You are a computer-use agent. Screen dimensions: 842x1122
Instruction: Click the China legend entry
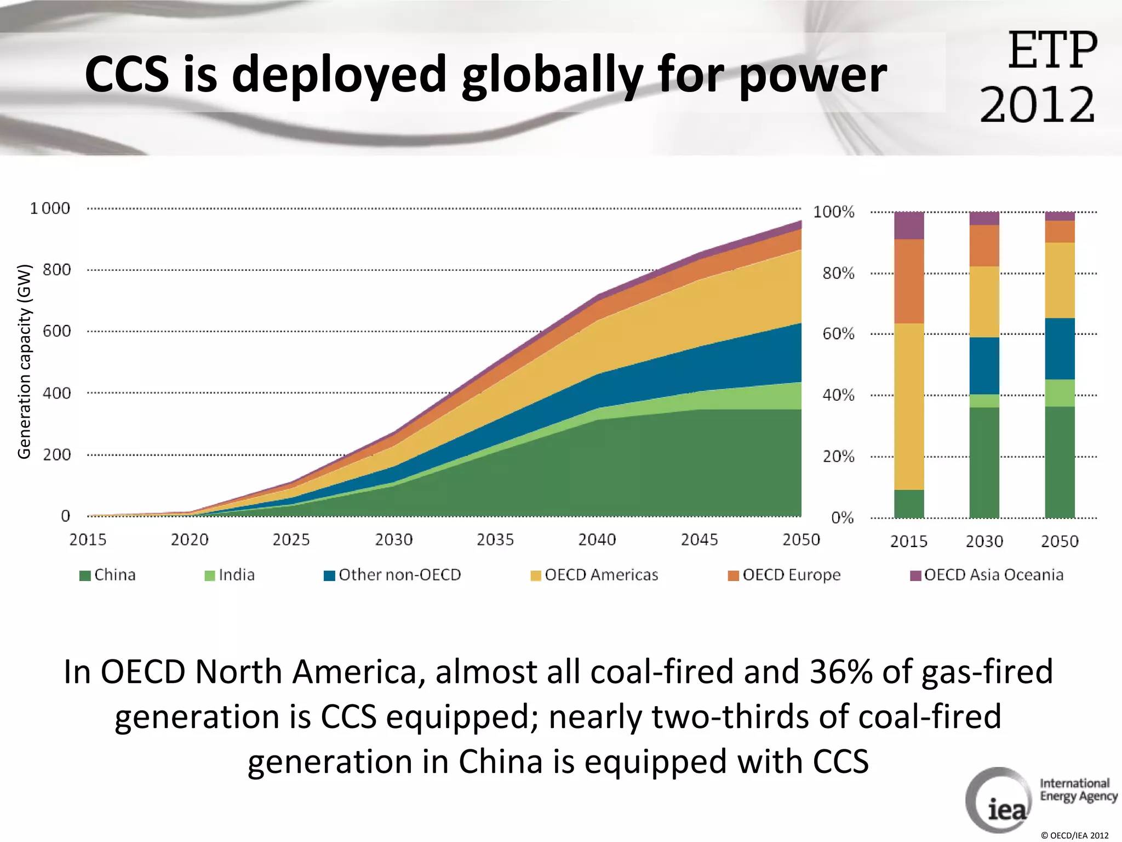(x=108, y=575)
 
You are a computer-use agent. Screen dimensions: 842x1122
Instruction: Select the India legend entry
(x=230, y=575)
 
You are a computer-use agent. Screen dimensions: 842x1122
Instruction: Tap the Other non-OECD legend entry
(x=393, y=575)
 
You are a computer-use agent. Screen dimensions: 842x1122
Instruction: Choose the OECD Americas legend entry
(x=595, y=575)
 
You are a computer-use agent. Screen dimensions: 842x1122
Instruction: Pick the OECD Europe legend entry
(x=785, y=575)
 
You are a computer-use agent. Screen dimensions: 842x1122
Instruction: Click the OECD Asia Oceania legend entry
(x=987, y=575)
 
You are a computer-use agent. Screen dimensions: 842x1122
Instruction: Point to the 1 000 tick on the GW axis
(x=50, y=208)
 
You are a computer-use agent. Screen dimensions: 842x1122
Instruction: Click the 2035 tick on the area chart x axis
(x=495, y=540)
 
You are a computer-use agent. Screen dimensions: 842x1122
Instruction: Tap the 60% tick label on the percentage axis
(x=838, y=334)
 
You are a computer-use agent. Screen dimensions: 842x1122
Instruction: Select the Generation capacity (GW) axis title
(x=24, y=362)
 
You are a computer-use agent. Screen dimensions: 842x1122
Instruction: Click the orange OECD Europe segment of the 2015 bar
(x=909, y=281)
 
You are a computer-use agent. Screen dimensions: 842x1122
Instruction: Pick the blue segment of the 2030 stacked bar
(x=984, y=366)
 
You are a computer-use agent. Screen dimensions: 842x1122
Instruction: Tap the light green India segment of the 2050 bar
(x=1060, y=393)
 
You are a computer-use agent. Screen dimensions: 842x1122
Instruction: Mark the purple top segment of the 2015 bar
(x=909, y=225)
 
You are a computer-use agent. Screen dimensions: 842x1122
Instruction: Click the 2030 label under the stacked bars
(x=984, y=542)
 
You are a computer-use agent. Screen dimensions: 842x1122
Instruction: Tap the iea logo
(x=999, y=801)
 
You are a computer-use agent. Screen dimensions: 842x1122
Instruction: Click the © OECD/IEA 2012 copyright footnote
(x=1074, y=835)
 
